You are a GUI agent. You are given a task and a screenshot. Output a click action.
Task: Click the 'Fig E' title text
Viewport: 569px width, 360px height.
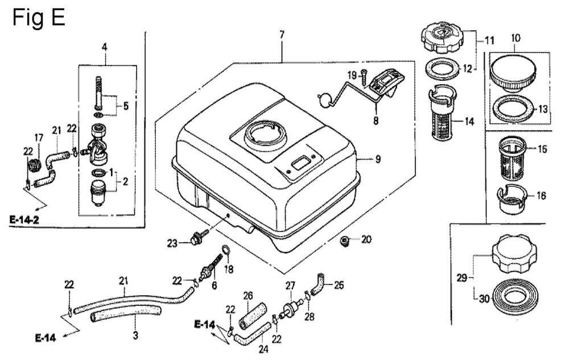coord(39,18)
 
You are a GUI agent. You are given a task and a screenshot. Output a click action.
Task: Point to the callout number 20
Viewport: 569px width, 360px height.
coord(366,239)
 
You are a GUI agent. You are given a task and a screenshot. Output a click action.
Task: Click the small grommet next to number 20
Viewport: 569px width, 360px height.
coord(345,242)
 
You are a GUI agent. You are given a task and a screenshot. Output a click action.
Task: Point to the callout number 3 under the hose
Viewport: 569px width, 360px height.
coord(135,336)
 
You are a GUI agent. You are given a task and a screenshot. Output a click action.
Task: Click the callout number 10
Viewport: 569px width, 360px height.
coord(516,38)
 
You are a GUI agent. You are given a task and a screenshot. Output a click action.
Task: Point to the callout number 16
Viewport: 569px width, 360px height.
coord(541,196)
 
